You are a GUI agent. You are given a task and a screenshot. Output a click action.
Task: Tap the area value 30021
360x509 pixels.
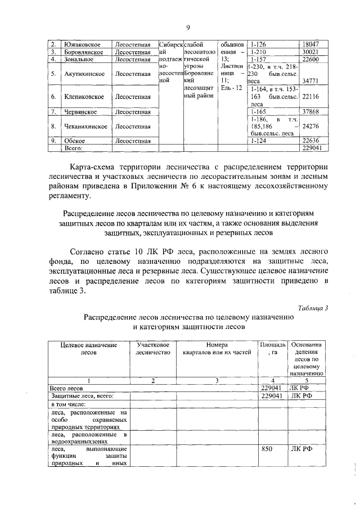click(x=312, y=51)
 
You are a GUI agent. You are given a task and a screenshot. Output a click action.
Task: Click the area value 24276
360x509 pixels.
click(x=312, y=127)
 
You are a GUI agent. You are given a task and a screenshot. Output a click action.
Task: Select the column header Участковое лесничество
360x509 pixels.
click(x=153, y=348)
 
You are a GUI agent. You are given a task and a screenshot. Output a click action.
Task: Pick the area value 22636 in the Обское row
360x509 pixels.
click(x=312, y=141)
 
